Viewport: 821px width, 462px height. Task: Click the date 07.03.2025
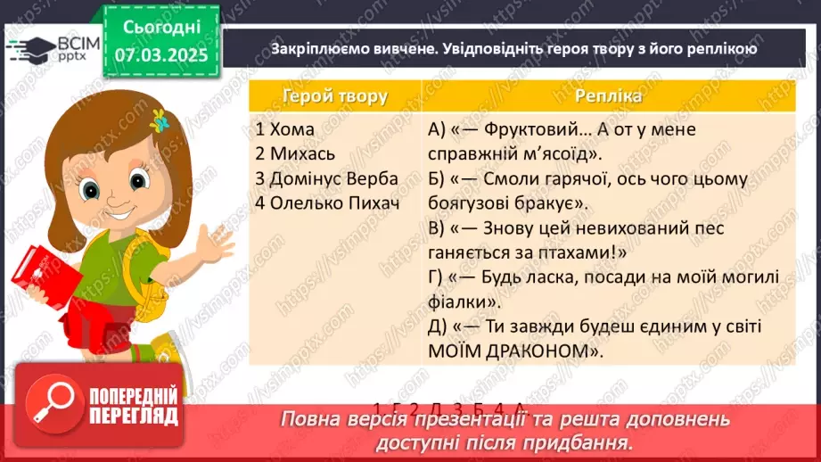tap(161, 54)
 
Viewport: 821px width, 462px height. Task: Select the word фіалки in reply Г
tap(461, 301)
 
